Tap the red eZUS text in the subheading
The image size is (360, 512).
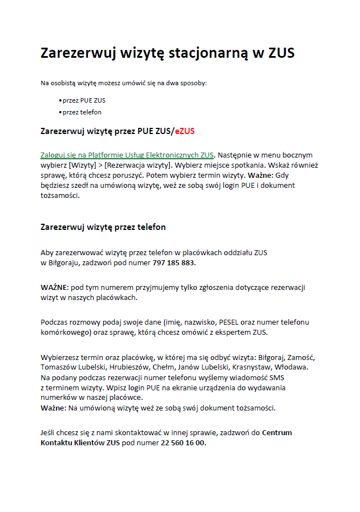point(184,132)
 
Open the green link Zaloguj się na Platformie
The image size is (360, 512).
point(127,155)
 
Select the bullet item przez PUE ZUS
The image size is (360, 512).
point(84,100)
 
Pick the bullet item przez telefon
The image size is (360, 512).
point(82,112)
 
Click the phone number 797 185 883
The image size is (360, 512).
point(174,262)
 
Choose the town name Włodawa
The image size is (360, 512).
point(290,367)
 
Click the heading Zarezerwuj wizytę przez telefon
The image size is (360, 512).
point(103,227)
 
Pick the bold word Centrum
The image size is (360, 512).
point(277,432)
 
